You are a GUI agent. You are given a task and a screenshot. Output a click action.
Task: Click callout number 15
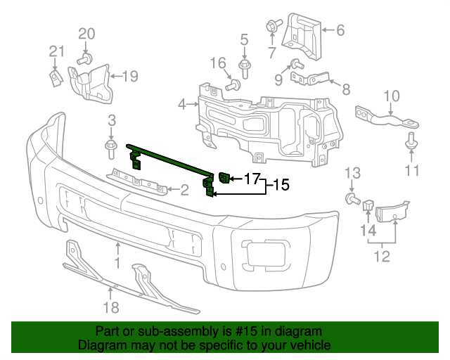(281, 186)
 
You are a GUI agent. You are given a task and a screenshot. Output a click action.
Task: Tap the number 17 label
(252, 179)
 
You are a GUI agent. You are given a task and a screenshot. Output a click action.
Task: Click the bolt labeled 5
(244, 68)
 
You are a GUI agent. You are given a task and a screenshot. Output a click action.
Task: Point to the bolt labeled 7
(271, 26)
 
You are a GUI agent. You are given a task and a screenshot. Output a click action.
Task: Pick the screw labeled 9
(297, 64)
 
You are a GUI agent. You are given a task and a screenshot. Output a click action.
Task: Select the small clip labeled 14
(367, 205)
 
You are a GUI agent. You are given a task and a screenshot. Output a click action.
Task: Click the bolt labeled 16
(233, 86)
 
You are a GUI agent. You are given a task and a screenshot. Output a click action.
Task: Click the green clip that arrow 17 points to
(225, 178)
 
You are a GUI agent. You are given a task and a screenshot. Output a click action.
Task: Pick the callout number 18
(111, 307)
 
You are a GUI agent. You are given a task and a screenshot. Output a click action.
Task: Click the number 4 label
(182, 104)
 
